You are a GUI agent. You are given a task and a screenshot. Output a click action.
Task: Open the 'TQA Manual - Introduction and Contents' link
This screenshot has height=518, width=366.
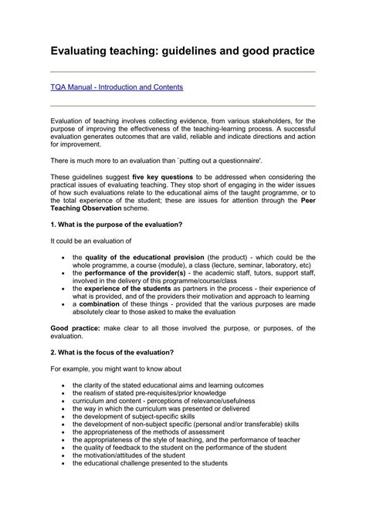coord(117,87)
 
